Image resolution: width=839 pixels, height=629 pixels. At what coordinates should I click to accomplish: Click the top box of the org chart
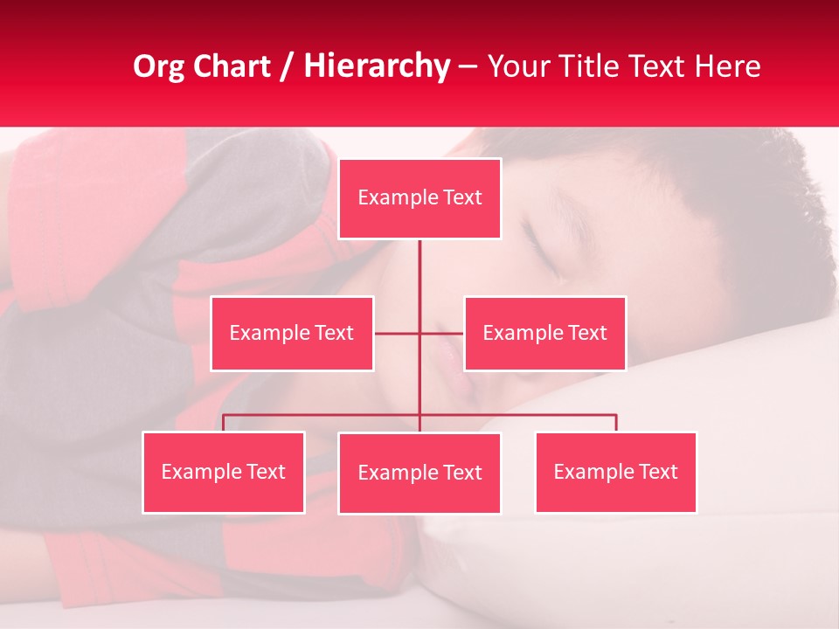[419, 198]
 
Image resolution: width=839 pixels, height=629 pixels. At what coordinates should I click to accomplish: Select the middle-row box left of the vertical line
[292, 333]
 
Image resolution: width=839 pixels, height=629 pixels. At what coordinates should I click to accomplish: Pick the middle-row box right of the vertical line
[544, 333]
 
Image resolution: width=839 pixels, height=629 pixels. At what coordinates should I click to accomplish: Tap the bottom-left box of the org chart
[224, 472]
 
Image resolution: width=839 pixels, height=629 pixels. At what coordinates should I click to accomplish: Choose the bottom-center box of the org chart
[419, 473]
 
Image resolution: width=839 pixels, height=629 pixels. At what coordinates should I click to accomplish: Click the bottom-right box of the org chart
[616, 472]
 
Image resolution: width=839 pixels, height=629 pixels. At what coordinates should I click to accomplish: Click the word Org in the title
[158, 67]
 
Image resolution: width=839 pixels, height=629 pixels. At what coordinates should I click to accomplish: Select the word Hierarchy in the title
[377, 66]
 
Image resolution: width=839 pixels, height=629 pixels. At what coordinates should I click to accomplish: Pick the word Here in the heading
[727, 66]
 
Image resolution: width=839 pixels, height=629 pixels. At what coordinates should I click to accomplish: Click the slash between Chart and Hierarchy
[288, 67]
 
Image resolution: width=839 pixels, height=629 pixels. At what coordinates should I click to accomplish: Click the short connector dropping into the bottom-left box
[224, 423]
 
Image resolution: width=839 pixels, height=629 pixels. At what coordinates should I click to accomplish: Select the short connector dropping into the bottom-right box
[616, 423]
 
